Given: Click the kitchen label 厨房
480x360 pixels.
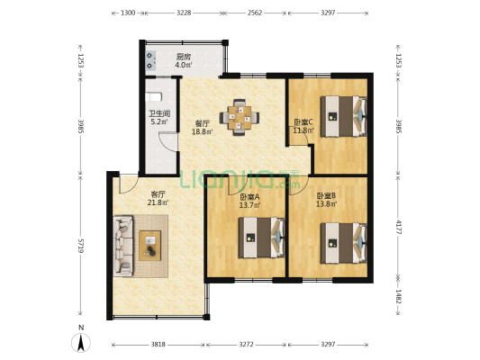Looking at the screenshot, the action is [184, 57].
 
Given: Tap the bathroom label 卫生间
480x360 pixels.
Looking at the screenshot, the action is [159, 113].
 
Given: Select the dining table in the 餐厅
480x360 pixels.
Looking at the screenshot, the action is [240, 117].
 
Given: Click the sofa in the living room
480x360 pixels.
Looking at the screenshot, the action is [123, 246].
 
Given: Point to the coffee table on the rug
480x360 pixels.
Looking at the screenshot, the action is [150, 246].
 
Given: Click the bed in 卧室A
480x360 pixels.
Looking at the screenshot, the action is [262, 238].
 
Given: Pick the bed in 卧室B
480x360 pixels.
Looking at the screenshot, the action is [344, 243].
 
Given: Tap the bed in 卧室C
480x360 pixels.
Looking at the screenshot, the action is [343, 116].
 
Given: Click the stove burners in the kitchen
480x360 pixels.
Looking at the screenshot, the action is [150, 60].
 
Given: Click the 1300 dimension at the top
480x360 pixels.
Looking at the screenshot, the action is [128, 13].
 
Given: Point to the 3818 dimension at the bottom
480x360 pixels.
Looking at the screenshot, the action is [158, 345].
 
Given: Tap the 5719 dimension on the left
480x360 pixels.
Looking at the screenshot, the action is [81, 246].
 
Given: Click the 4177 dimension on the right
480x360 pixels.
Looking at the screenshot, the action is [398, 227].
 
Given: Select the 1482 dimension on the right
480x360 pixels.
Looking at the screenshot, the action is [398, 297].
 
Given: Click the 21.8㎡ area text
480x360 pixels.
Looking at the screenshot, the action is [158, 202].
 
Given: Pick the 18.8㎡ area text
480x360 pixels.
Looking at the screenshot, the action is [203, 131].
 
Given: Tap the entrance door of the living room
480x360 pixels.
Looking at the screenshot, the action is [129, 184].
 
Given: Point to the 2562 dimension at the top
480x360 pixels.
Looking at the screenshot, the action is [255, 13].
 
